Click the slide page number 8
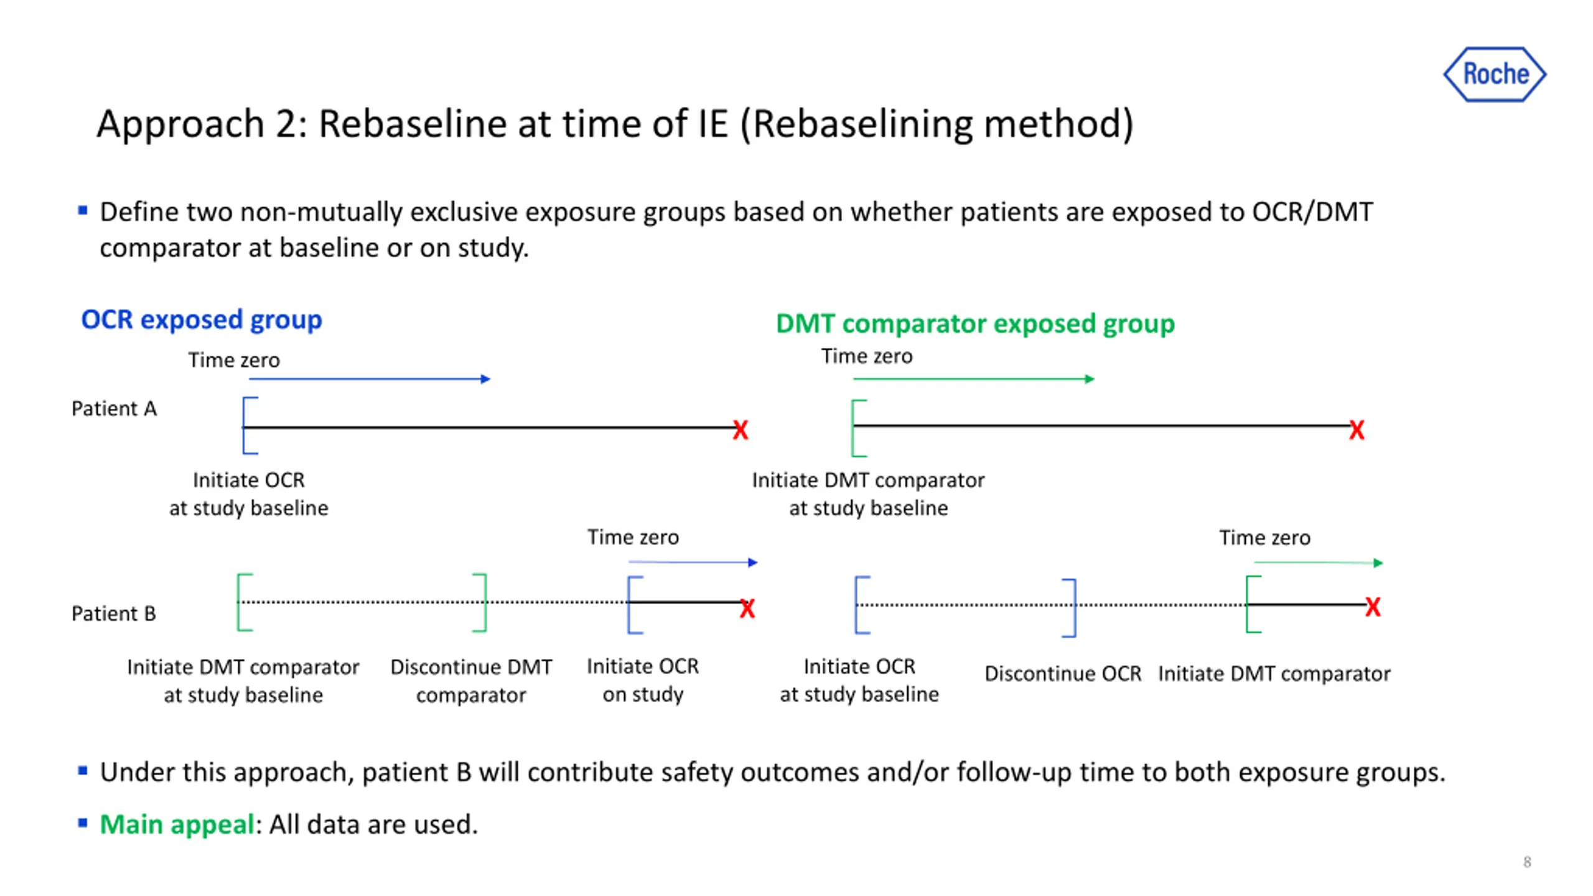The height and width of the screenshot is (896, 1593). pyautogui.click(x=1526, y=862)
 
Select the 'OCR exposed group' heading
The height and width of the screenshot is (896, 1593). pyautogui.click(x=201, y=319)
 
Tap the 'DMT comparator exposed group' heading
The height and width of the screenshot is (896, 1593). pyautogui.click(x=974, y=324)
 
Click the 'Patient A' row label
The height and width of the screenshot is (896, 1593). pyautogui.click(x=114, y=409)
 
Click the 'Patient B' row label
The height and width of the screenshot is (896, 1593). pyautogui.click(x=113, y=614)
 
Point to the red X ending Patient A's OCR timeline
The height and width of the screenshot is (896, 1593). pyautogui.click(x=740, y=430)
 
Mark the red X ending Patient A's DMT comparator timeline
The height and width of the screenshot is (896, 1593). pyautogui.click(x=1357, y=430)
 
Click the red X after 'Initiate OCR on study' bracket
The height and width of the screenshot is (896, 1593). pyautogui.click(x=747, y=608)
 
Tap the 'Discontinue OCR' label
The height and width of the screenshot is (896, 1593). pyautogui.click(x=1062, y=673)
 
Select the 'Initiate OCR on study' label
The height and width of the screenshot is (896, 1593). pyautogui.click(x=642, y=680)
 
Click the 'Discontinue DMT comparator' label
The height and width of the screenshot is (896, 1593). pyautogui.click(x=470, y=681)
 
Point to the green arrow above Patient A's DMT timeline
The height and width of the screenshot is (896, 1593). pyautogui.click(x=973, y=379)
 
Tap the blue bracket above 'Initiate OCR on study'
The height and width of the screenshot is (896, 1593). pyautogui.click(x=633, y=605)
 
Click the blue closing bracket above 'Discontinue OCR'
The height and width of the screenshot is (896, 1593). pyautogui.click(x=1070, y=608)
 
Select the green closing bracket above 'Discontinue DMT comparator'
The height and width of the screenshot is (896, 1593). pyautogui.click(x=480, y=602)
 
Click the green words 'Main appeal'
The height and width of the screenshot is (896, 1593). pyautogui.click(x=177, y=824)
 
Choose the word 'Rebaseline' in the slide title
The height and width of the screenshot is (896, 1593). pyautogui.click(x=413, y=124)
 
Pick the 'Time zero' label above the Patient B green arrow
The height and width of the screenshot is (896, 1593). pyautogui.click(x=1264, y=538)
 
